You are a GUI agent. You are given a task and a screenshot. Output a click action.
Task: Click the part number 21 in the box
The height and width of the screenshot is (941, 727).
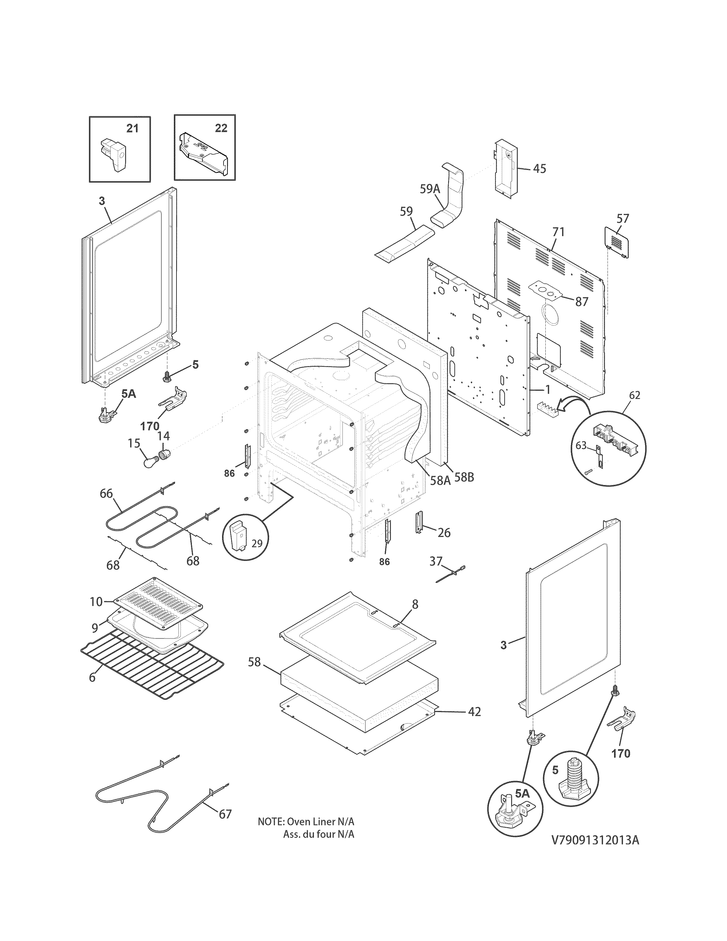click(x=132, y=128)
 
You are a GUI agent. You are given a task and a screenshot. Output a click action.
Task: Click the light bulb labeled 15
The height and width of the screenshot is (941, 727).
click(x=150, y=462)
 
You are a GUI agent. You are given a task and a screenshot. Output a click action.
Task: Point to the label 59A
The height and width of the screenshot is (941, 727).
click(x=430, y=189)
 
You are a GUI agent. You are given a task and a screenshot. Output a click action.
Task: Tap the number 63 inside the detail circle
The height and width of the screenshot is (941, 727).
click(x=581, y=445)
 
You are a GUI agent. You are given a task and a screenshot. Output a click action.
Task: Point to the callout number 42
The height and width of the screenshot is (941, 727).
click(x=474, y=712)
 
